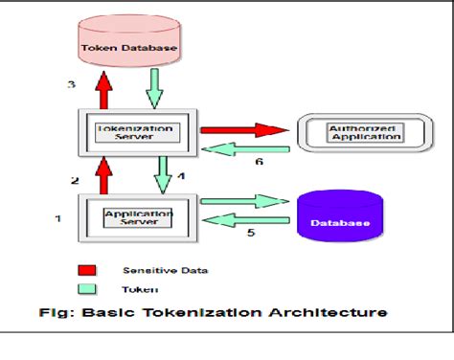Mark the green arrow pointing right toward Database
[x=245, y=200]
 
